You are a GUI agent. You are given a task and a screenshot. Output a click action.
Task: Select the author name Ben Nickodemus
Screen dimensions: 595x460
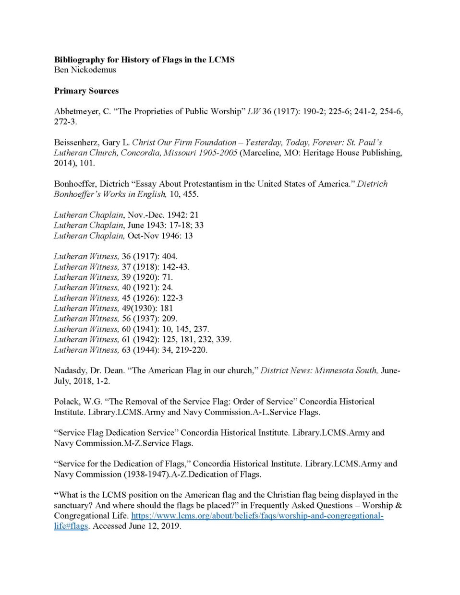click(x=85, y=70)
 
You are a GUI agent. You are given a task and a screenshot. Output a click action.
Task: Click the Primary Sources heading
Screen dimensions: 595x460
click(x=86, y=91)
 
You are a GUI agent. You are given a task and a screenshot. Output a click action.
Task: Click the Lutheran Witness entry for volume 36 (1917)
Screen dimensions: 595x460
click(x=115, y=257)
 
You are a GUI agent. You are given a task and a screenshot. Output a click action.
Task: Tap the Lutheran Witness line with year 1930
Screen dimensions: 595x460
click(x=113, y=309)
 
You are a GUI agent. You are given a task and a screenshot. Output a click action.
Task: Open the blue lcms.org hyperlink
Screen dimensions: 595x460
click(x=257, y=516)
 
